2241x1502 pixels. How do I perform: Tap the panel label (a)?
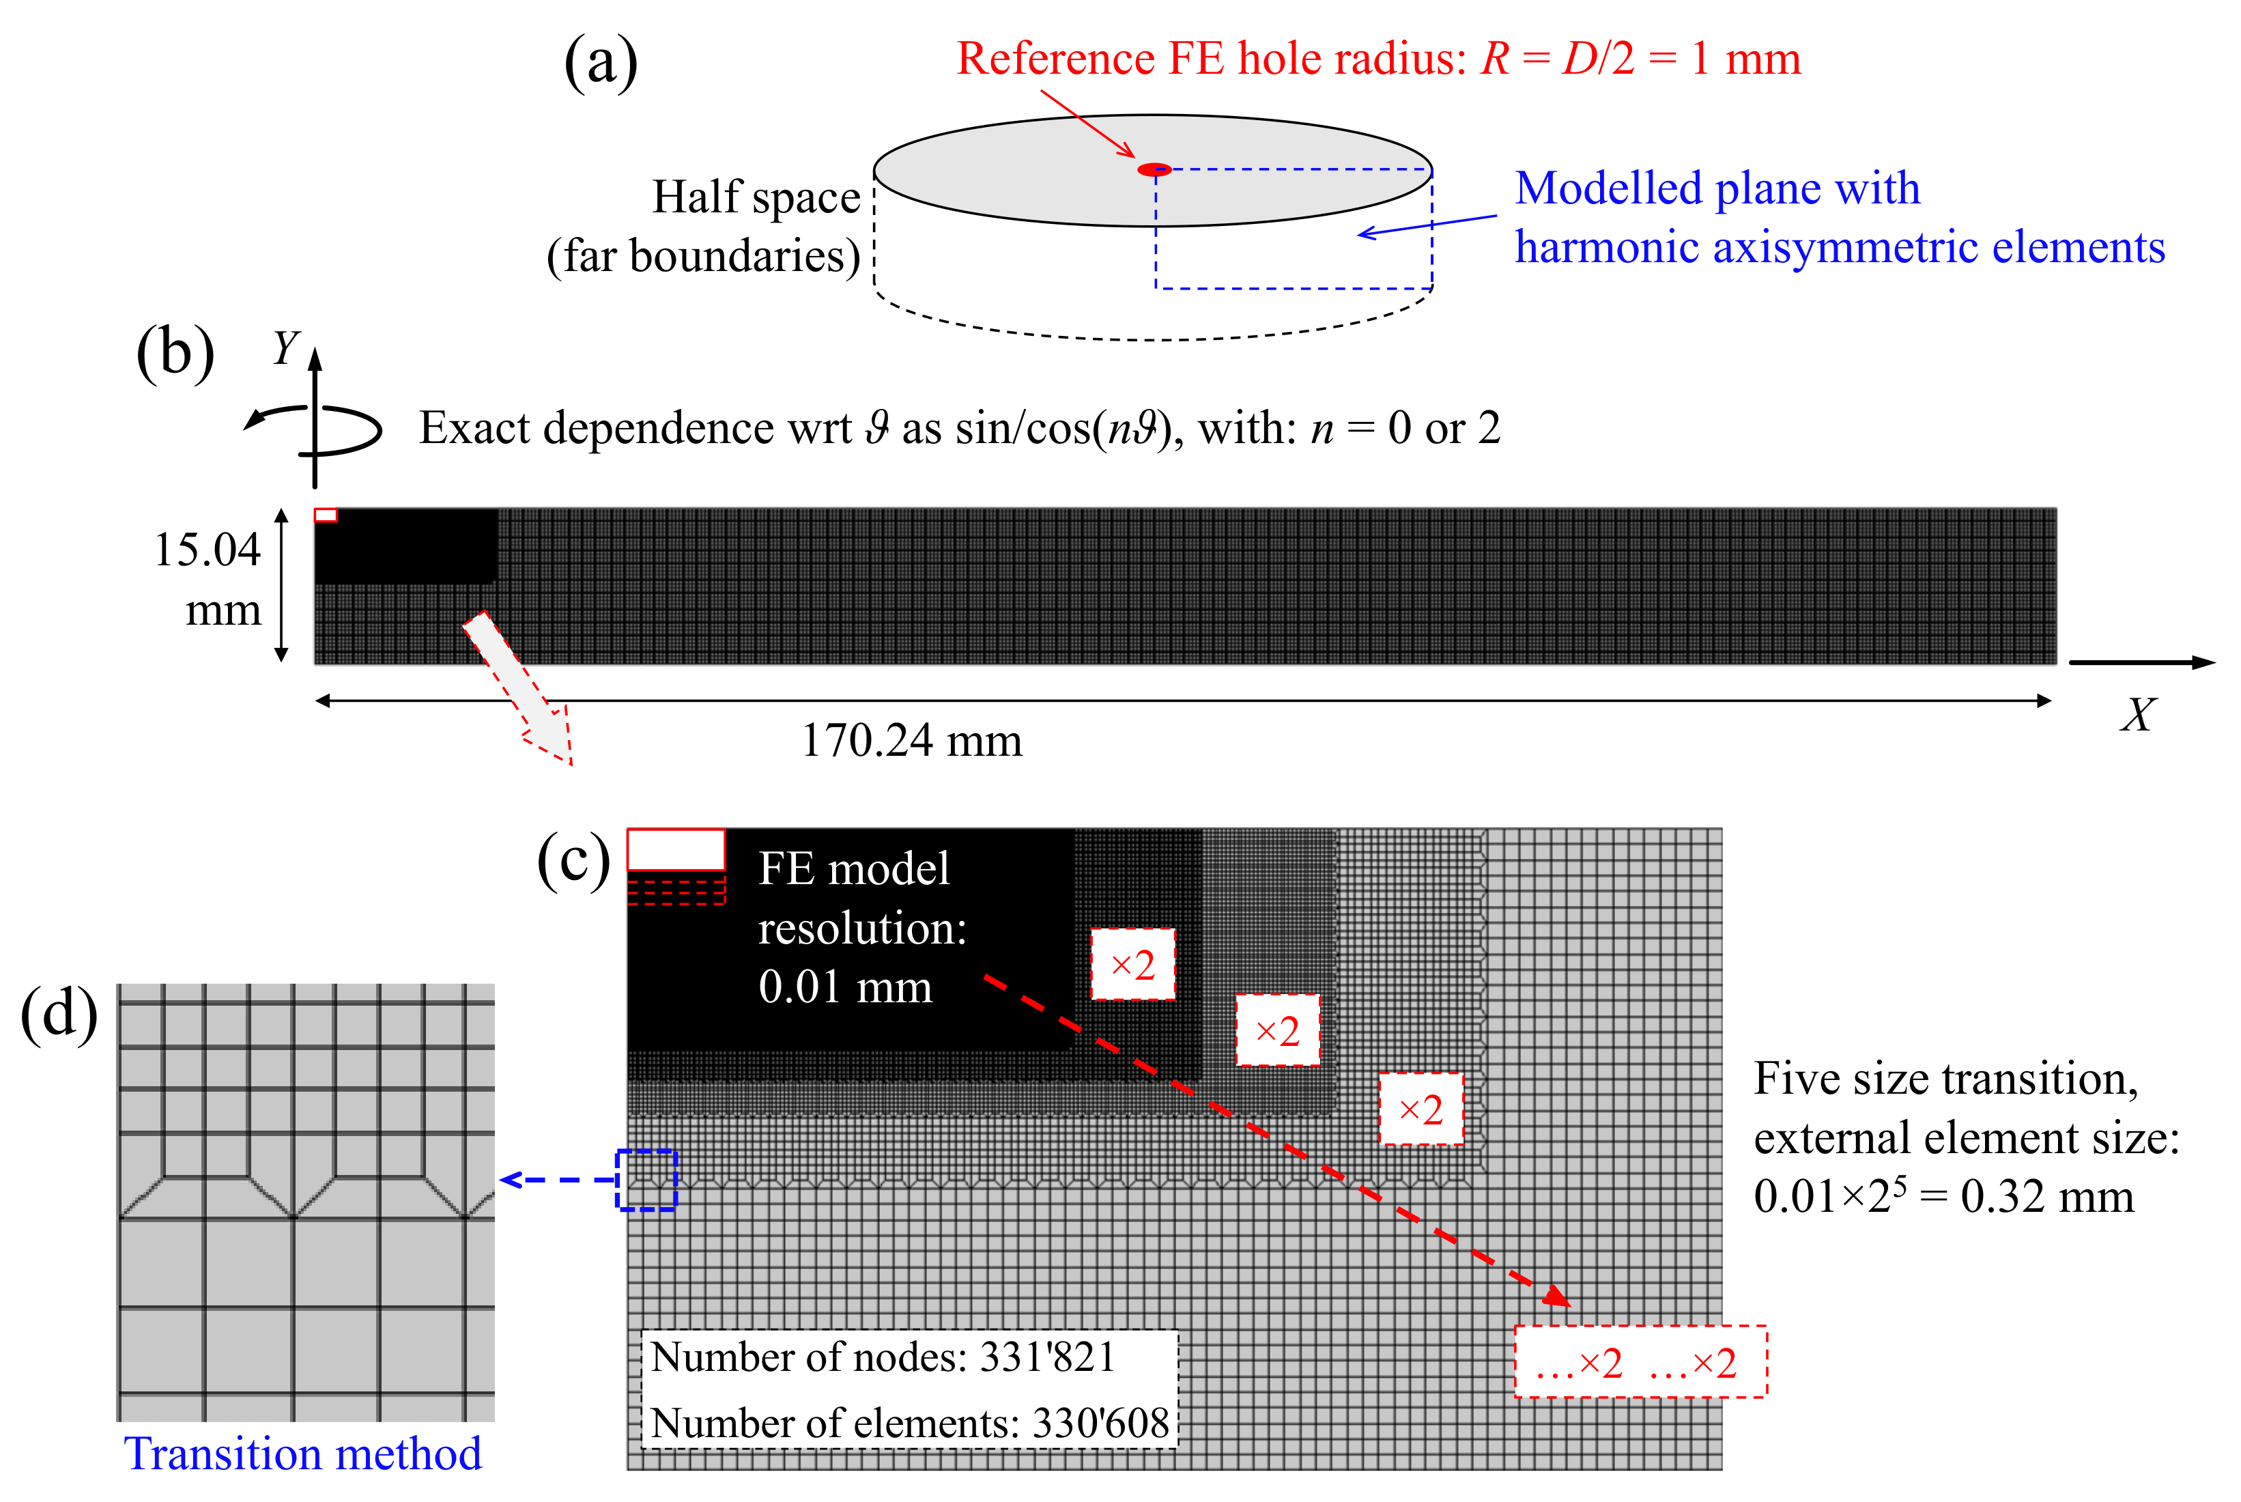[x=601, y=63]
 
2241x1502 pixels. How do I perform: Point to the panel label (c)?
[x=573, y=860]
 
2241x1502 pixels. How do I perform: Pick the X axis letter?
[x=2137, y=715]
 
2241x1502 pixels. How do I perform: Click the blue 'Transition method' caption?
[x=302, y=1454]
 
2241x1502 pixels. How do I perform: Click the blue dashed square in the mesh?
[x=646, y=1180]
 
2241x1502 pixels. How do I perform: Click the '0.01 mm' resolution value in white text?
[x=844, y=987]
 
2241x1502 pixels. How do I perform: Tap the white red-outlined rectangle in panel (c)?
[x=675, y=850]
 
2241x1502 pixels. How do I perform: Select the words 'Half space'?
[x=756, y=197]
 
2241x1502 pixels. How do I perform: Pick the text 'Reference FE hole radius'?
[x=1210, y=59]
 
